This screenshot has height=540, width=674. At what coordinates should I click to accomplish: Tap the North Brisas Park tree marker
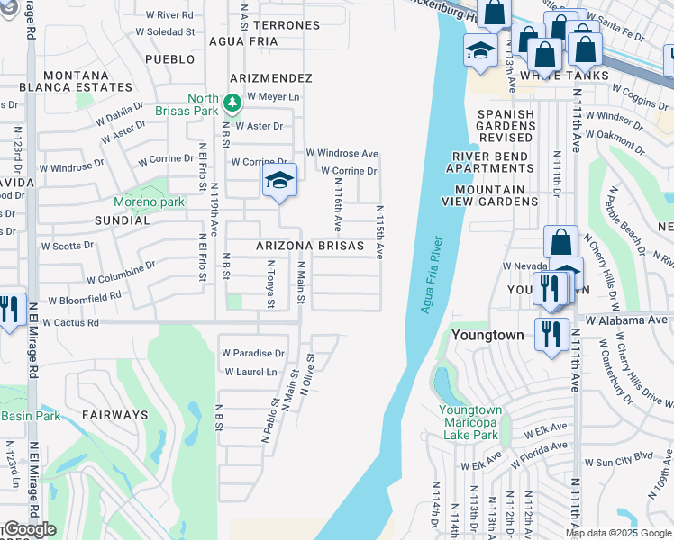pos(232,103)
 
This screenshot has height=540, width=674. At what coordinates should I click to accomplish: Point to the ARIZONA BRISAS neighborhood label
pos(309,246)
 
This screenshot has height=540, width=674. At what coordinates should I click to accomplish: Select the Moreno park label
pos(149,202)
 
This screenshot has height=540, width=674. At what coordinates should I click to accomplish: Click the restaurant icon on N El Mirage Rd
pos(8,310)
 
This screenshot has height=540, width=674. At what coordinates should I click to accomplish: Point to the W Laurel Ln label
pos(250,372)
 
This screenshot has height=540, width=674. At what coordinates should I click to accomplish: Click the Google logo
pos(29,529)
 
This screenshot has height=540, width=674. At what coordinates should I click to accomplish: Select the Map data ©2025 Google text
pos(618,533)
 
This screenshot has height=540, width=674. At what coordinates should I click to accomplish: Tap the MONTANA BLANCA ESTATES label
pos(77,81)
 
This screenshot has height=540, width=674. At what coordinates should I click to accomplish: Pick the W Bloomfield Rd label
pos(85,297)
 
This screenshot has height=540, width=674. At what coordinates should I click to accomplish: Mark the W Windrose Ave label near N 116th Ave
pos(342,154)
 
